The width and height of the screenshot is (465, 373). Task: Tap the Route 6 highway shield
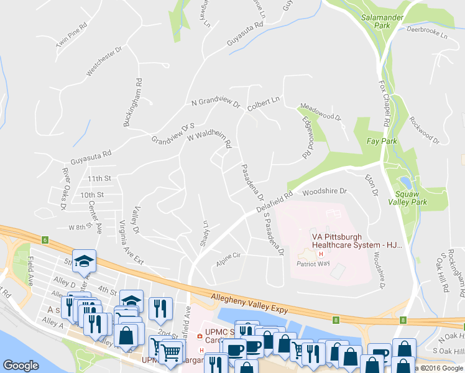[45, 239]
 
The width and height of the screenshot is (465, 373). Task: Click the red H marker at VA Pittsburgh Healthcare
[321, 254]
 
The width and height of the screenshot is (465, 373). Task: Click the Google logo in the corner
[21, 366]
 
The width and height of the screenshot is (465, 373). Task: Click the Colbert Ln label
[264, 103]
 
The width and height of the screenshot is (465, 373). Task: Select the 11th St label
[99, 178]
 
